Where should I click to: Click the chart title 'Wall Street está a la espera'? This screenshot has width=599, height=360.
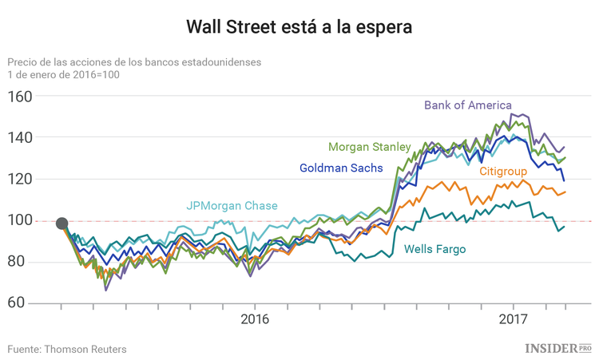pyautogui.click(x=299, y=27)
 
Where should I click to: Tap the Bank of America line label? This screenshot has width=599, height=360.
pyautogui.click(x=467, y=105)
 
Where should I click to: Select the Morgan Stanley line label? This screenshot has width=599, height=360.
pyautogui.click(x=369, y=147)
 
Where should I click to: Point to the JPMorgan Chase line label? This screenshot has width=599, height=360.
pyautogui.click(x=232, y=206)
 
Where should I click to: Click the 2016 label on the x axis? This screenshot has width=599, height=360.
pyautogui.click(x=255, y=319)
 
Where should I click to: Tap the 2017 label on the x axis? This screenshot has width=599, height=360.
pyautogui.click(x=512, y=319)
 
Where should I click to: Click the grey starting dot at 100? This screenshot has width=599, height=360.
pyautogui.click(x=61, y=223)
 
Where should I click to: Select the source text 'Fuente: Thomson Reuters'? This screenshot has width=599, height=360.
pyautogui.click(x=67, y=349)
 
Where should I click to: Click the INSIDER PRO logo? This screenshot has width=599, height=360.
pyautogui.click(x=557, y=348)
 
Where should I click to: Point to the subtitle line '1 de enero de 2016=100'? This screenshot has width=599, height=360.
pyautogui.click(x=63, y=74)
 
